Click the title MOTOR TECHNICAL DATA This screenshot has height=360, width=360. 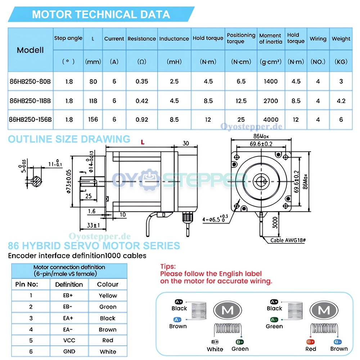[101, 14]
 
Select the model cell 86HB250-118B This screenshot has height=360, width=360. [30, 101]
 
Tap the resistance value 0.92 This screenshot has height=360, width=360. [142, 120]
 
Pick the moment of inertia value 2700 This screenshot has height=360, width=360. [271, 101]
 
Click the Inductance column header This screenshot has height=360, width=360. [174, 39]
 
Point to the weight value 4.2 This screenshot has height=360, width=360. [341, 101]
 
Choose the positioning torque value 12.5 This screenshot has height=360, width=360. [241, 101]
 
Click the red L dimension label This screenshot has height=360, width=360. [143, 143]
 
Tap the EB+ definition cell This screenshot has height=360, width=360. [69, 296]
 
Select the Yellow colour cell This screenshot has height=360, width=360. [108, 296]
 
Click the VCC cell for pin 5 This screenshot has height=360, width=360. [69, 340]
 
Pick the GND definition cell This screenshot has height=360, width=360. [69, 351]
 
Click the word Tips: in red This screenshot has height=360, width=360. [168, 267]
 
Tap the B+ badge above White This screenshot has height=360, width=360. [215, 342]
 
